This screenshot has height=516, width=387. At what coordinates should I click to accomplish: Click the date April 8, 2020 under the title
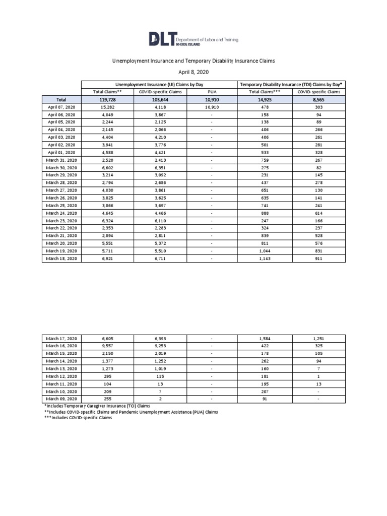pos(193,72)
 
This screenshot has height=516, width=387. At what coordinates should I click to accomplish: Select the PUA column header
pos(212,92)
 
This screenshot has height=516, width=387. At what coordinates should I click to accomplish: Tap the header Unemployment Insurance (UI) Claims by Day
pos(159,84)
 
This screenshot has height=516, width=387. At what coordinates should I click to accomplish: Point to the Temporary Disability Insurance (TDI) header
pos(290,84)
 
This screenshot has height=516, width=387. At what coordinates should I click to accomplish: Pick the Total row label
pos(61,100)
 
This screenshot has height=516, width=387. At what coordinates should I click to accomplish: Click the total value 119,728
pos(107,100)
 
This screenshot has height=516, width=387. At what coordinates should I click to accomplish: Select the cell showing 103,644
pos(159,100)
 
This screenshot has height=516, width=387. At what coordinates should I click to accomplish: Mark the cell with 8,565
pos(318,100)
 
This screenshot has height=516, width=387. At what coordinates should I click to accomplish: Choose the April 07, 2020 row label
pos(61,107)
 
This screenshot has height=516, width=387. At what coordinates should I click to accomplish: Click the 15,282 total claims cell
pos(107,107)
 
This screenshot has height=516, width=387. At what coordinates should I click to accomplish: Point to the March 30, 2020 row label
pos(61,168)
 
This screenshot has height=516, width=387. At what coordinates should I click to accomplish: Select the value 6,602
pos(107,168)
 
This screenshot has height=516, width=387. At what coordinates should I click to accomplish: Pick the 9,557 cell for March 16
pos(107,346)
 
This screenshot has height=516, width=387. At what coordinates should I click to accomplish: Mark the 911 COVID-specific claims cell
pos(318,259)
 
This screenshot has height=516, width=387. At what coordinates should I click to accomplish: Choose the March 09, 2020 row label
pos(61,399)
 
